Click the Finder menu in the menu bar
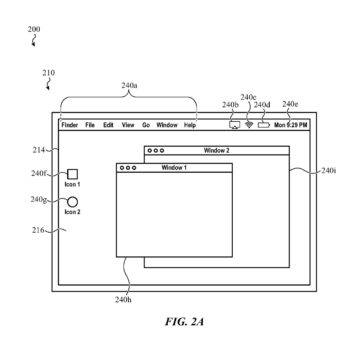(70, 126)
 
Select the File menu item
(91, 126)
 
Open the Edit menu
(108, 126)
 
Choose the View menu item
(128, 126)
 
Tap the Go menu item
(146, 126)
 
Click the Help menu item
(190, 126)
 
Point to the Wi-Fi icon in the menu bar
(248, 126)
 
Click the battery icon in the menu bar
(264, 126)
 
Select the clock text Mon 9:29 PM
(291, 126)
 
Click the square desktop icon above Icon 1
(73, 173)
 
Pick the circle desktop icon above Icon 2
(73, 201)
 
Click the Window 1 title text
(175, 167)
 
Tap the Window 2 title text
(217, 150)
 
